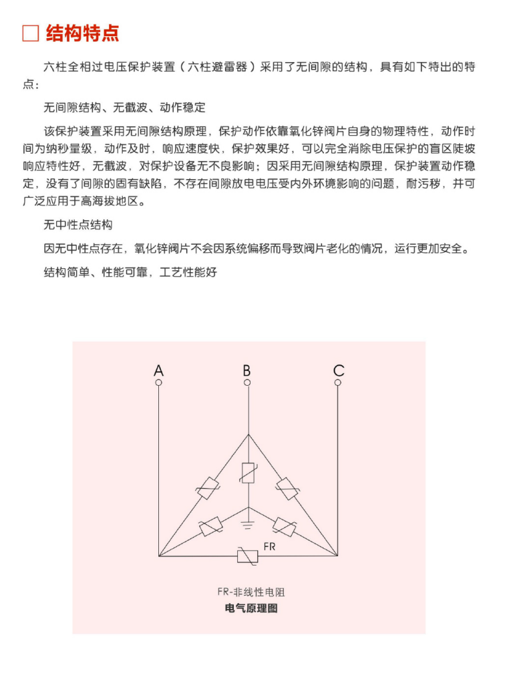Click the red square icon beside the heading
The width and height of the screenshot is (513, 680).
point(31,33)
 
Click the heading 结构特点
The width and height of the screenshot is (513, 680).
point(82,33)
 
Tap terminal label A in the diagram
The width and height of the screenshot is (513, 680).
point(159,370)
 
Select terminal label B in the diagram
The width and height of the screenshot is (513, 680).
point(246,370)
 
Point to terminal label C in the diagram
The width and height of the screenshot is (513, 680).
point(338,370)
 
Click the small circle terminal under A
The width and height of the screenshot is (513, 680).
point(159,382)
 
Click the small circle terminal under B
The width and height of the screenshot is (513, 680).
point(247,382)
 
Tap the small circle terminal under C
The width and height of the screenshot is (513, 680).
point(338,382)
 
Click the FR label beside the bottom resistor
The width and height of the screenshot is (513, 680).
point(270,547)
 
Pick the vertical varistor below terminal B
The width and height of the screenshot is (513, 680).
point(247,473)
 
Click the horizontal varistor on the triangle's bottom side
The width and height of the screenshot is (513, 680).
point(247,556)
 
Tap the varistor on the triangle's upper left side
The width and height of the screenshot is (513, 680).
point(206,489)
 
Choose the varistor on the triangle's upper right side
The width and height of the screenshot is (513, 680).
point(287,489)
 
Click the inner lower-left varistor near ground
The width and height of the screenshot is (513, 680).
point(211,527)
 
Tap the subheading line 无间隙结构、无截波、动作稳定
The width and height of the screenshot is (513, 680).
point(124,107)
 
